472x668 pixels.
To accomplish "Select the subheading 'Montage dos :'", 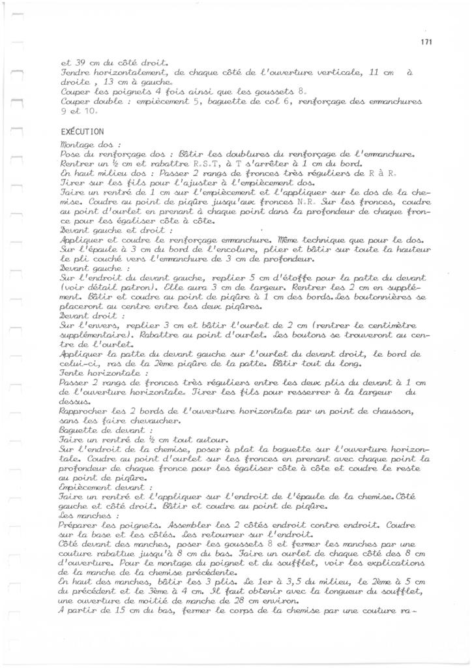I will pyautogui.click(x=81, y=144).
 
